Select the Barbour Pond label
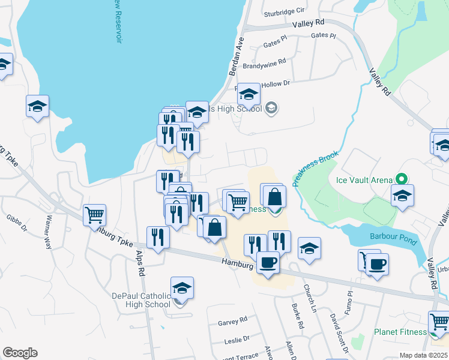(x=393, y=240)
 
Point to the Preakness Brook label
(x=316, y=169)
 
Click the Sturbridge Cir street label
(x=285, y=10)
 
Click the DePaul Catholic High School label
(x=142, y=300)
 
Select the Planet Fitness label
(x=400, y=332)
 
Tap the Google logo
(x=20, y=353)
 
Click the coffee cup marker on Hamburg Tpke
(x=268, y=262)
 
